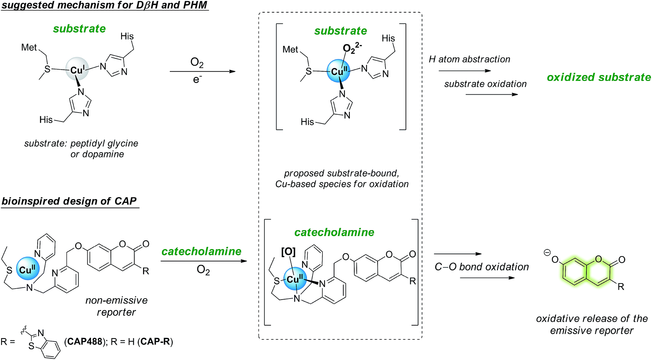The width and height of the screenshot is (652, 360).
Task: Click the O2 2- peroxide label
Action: click(x=352, y=48)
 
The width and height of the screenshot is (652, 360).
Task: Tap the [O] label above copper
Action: click(x=288, y=252)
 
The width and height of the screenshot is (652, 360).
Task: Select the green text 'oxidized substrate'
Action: click(x=598, y=77)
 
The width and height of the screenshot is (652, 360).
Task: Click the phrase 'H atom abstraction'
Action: click(x=469, y=59)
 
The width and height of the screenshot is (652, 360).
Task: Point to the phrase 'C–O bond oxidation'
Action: click(x=482, y=267)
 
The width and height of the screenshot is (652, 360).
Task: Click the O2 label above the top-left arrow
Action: click(x=197, y=63)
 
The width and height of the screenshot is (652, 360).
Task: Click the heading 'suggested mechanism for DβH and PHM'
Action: click(x=105, y=5)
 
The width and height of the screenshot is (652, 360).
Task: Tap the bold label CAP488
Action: click(x=85, y=342)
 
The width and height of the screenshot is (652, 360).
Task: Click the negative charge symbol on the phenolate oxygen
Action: click(x=547, y=253)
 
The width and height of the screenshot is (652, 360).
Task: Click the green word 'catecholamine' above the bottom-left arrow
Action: click(x=201, y=251)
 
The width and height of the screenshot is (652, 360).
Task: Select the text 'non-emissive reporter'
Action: click(x=116, y=306)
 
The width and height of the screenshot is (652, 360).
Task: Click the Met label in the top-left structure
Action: click(x=29, y=47)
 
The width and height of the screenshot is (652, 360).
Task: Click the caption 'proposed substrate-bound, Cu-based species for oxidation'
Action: click(x=342, y=178)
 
